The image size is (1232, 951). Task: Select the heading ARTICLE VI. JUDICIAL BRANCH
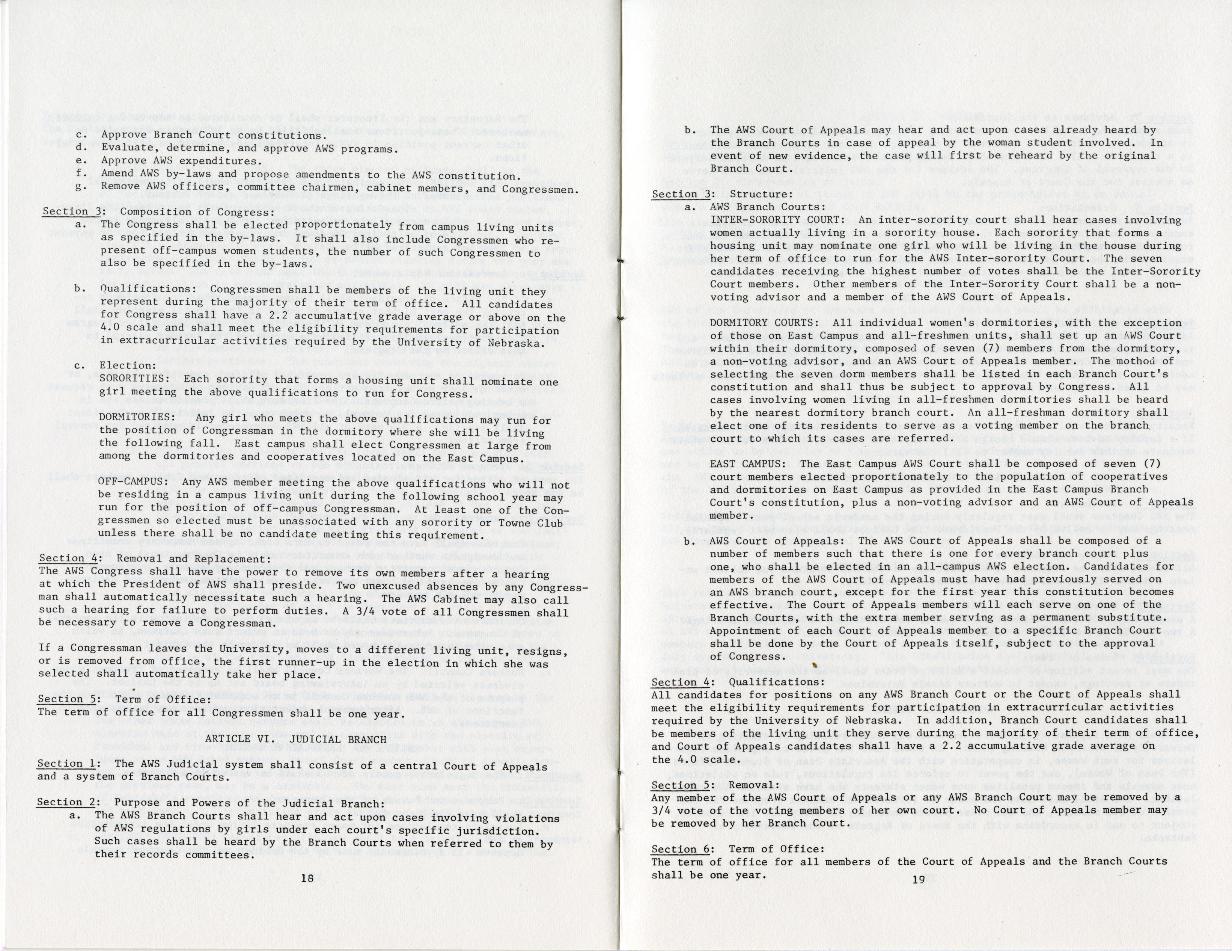tap(295, 739)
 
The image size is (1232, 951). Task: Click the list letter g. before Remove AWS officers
tap(81, 186)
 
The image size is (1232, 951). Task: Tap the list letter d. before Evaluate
tap(81, 148)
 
